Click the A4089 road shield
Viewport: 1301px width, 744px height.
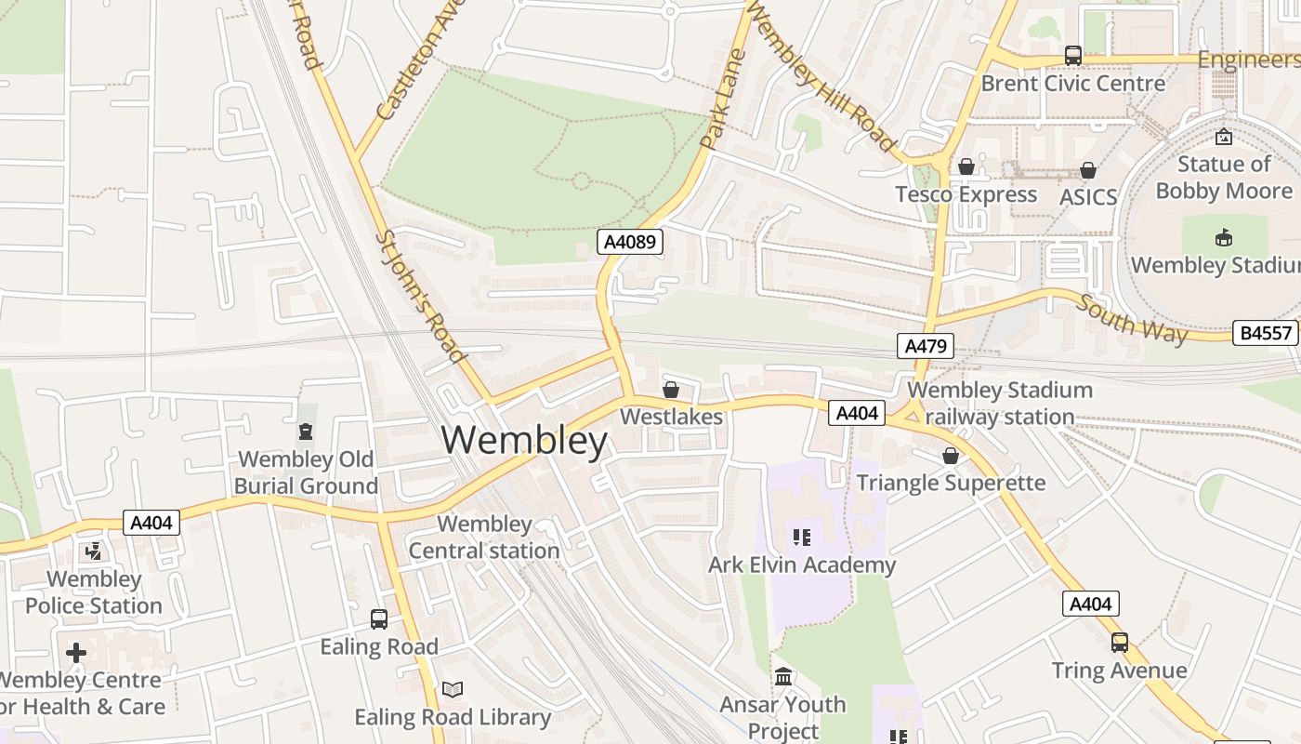629,243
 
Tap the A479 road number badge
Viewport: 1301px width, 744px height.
926,347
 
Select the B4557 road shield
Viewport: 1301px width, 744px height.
1265,333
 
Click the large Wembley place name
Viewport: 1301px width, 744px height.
524,440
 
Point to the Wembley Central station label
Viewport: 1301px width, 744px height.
484,538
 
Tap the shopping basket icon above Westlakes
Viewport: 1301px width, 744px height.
670,390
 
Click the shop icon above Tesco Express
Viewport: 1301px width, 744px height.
966,166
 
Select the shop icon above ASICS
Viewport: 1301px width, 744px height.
1087,170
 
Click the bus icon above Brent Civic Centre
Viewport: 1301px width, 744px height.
1073,56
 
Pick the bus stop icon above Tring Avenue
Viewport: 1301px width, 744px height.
1120,643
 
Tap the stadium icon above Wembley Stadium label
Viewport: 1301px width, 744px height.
1224,237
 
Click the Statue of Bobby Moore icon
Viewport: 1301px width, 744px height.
1224,137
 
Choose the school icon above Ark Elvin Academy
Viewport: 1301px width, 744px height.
801,537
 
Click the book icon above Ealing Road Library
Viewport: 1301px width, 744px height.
453,689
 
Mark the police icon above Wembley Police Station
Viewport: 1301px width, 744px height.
93,551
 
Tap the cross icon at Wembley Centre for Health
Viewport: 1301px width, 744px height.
76,652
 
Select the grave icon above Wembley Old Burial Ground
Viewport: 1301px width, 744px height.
305,432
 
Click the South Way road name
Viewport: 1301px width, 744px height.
1132,319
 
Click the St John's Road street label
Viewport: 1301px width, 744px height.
421,296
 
